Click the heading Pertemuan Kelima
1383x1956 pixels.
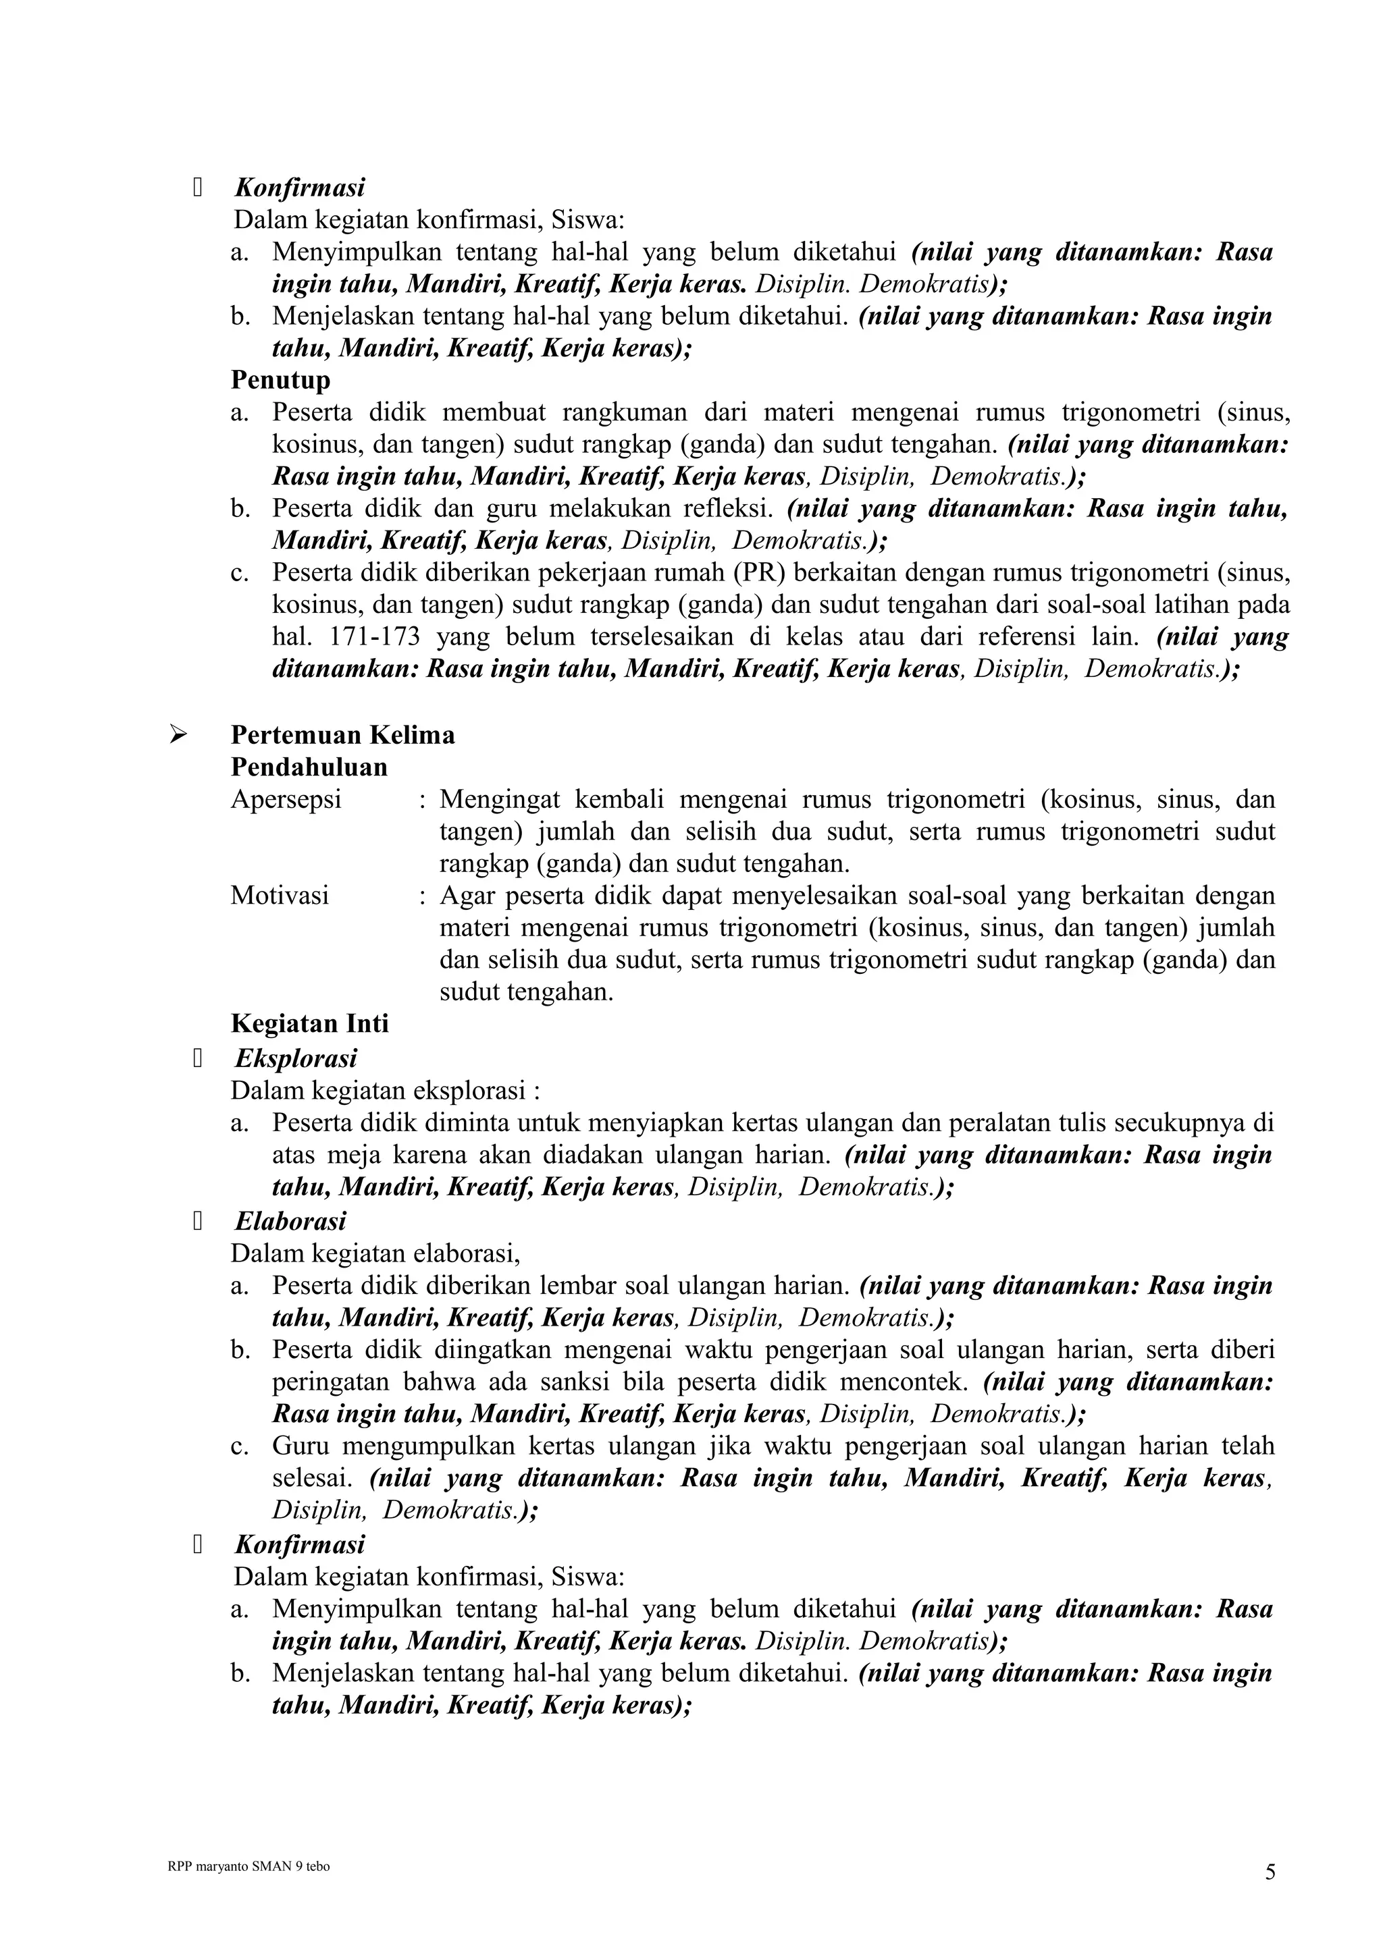(x=342, y=734)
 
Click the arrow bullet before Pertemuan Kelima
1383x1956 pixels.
(x=178, y=734)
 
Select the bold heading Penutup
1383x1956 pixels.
(x=280, y=379)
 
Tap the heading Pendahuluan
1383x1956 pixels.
(x=309, y=767)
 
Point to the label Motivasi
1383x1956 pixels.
(x=280, y=896)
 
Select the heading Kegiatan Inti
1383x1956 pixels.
(x=309, y=1023)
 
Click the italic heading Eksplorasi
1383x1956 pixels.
(x=296, y=1058)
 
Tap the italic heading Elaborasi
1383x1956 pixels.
(x=290, y=1221)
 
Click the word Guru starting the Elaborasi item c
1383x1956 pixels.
(x=298, y=1446)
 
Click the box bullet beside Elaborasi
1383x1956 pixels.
(x=198, y=1222)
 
